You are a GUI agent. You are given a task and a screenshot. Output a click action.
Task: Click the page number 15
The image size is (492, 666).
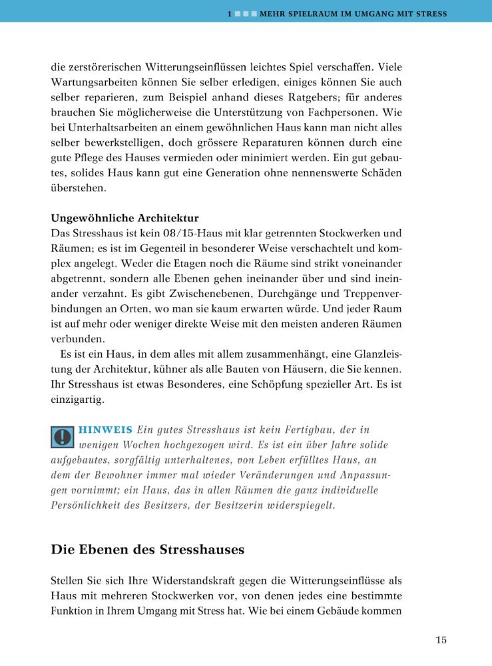(x=441, y=641)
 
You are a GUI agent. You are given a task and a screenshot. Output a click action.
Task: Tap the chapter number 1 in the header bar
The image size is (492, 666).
(x=228, y=13)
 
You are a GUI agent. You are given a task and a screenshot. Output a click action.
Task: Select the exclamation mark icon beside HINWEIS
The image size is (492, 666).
(x=62, y=436)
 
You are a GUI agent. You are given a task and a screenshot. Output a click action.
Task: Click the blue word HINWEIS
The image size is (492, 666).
(x=105, y=429)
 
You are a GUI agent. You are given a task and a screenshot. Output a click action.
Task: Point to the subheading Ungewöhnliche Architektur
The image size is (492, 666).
(x=124, y=218)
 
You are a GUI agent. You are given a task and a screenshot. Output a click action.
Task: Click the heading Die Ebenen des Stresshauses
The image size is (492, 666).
(x=147, y=550)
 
